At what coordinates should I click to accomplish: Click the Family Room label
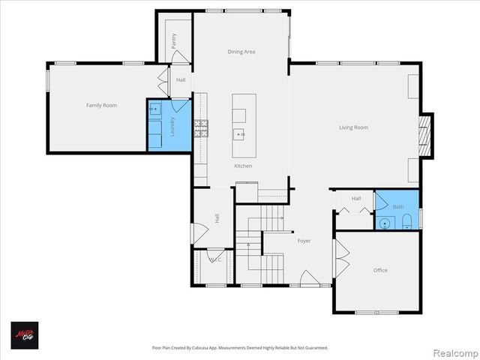(100, 106)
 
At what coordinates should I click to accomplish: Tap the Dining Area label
(241, 52)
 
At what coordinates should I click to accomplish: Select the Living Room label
(353, 127)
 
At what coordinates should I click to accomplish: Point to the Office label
(380, 270)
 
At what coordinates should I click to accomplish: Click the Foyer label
(304, 241)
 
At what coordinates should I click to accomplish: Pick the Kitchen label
(243, 166)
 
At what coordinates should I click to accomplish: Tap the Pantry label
(174, 40)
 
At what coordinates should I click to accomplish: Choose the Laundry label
(172, 124)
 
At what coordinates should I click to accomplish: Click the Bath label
(398, 207)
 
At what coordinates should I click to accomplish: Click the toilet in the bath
(406, 220)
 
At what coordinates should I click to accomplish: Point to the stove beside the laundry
(202, 128)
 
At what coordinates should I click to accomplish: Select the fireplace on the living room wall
(425, 136)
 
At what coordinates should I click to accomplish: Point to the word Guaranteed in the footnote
(313, 348)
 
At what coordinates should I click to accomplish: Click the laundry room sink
(154, 109)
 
